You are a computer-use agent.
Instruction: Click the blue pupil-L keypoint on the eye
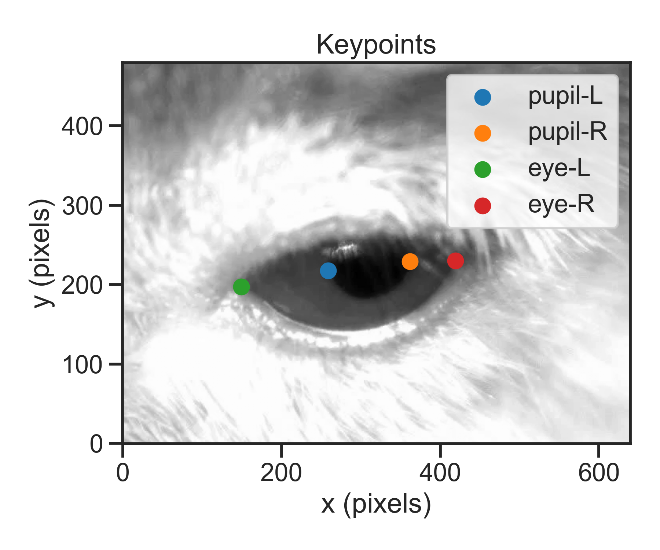pyautogui.click(x=328, y=271)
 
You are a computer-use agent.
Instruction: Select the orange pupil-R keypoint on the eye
pyautogui.click(x=410, y=262)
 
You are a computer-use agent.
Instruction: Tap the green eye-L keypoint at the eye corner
pyautogui.click(x=241, y=287)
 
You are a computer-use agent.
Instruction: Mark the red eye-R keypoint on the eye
pyautogui.click(x=455, y=261)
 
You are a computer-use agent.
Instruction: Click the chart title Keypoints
pyautogui.click(x=376, y=45)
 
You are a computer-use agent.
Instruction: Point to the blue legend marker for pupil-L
pyautogui.click(x=483, y=98)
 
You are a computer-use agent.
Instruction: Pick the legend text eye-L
pyautogui.click(x=559, y=168)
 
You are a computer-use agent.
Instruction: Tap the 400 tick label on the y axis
pyautogui.click(x=82, y=127)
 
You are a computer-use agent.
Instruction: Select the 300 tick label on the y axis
pyautogui.click(x=82, y=206)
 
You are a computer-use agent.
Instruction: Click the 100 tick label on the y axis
pyautogui.click(x=82, y=365)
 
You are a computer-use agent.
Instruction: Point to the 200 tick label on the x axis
pyautogui.click(x=281, y=473)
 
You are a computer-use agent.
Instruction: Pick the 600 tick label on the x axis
pyautogui.click(x=598, y=473)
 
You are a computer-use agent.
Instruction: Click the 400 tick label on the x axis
pyautogui.click(x=440, y=473)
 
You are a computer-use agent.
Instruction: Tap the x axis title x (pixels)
pyautogui.click(x=376, y=505)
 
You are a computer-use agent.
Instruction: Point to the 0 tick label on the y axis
pyautogui.click(x=96, y=444)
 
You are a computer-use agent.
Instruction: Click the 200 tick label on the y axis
pyautogui.click(x=82, y=286)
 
